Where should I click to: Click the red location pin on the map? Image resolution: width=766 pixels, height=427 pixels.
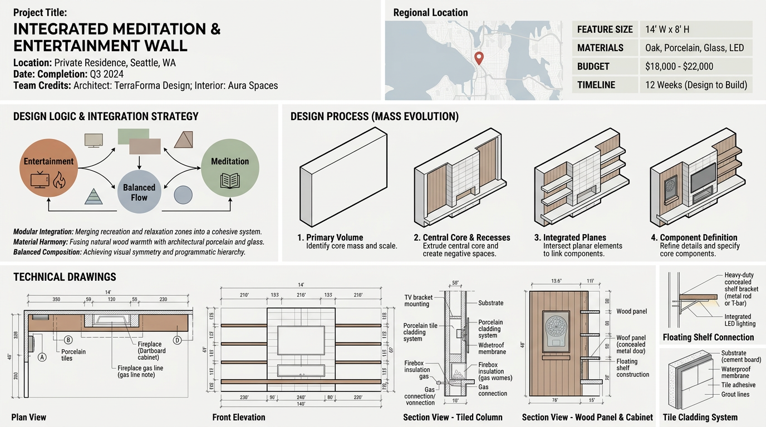[x=478, y=57]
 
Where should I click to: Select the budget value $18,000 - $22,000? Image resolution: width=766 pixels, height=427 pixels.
[x=679, y=66]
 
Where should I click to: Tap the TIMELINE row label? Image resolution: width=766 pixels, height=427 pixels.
[x=596, y=85]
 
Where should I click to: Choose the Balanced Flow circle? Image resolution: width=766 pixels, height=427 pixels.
[x=139, y=192]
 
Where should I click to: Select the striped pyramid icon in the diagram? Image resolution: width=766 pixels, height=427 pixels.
[x=93, y=196]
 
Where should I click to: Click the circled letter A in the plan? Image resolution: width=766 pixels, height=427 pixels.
[x=42, y=357]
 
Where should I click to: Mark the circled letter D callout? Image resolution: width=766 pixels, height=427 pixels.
[x=178, y=340]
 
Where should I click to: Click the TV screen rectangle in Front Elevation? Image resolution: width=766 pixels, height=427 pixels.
[x=301, y=341]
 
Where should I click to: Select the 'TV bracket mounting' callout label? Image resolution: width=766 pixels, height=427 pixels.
[x=418, y=301]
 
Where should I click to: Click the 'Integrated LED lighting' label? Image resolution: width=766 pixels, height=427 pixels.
[x=740, y=320]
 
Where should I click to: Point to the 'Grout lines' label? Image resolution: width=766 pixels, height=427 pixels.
[x=735, y=394]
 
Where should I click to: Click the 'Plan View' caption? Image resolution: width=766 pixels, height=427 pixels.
[x=28, y=417]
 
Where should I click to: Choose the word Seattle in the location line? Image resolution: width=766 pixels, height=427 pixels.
[x=145, y=63]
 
